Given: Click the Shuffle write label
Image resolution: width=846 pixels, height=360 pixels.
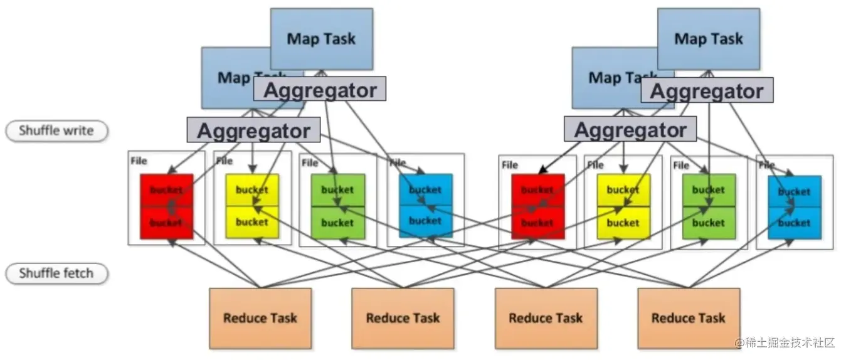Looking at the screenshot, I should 56,131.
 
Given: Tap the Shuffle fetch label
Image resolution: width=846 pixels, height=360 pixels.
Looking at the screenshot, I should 56,273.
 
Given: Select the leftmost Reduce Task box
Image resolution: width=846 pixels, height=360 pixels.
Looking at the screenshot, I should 260,318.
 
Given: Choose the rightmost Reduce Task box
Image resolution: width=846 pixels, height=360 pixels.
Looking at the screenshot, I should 688,318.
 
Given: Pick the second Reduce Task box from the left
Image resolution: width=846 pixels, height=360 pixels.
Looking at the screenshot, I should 403,318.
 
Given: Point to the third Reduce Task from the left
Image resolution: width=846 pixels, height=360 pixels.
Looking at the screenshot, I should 546,318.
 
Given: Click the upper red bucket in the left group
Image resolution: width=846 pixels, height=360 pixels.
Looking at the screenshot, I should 166,189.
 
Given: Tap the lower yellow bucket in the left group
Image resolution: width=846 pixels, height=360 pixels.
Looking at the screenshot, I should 251,222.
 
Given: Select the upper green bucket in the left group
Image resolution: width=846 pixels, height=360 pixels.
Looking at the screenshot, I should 337,189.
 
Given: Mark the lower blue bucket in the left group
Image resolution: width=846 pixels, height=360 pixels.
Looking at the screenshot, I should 425,221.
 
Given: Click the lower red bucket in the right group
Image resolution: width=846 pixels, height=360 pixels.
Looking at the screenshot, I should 537,223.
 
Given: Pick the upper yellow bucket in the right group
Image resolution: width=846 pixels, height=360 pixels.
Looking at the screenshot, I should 623,190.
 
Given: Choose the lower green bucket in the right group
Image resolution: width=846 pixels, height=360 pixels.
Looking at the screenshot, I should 709,223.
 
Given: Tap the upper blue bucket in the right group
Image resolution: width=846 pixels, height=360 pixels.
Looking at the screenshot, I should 794,191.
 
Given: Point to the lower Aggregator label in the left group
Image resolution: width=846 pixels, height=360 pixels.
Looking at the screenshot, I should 253,130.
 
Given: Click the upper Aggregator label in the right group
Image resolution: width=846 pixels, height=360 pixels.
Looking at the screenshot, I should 707,91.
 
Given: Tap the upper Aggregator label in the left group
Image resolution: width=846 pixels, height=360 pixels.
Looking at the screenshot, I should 320,90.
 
